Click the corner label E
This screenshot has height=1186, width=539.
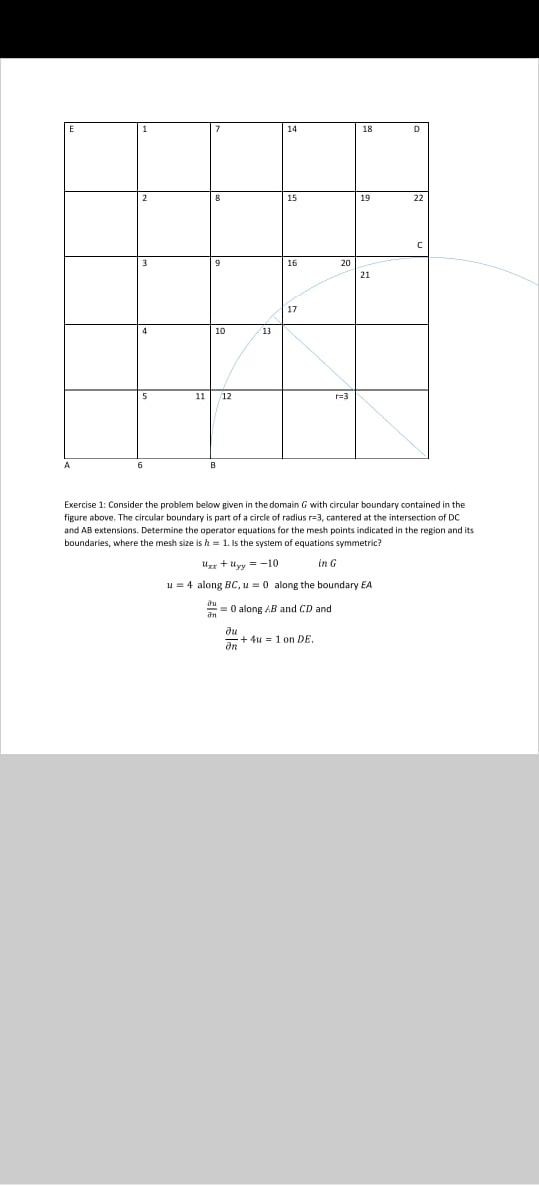point(71,129)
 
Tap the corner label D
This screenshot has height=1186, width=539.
point(416,129)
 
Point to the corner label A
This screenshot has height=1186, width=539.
point(68,465)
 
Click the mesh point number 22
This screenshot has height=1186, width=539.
point(418,198)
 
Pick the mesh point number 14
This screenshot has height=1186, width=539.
point(291,129)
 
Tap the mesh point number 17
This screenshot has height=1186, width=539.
point(291,309)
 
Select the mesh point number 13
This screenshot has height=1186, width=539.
point(267,330)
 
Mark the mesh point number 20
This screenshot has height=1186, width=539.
point(345,263)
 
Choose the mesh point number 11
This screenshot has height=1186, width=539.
point(200,396)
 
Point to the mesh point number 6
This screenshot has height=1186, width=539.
point(140,465)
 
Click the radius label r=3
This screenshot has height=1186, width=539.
point(340,396)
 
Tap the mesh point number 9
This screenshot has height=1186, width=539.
point(217,264)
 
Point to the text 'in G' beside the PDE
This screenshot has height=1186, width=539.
point(326,565)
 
